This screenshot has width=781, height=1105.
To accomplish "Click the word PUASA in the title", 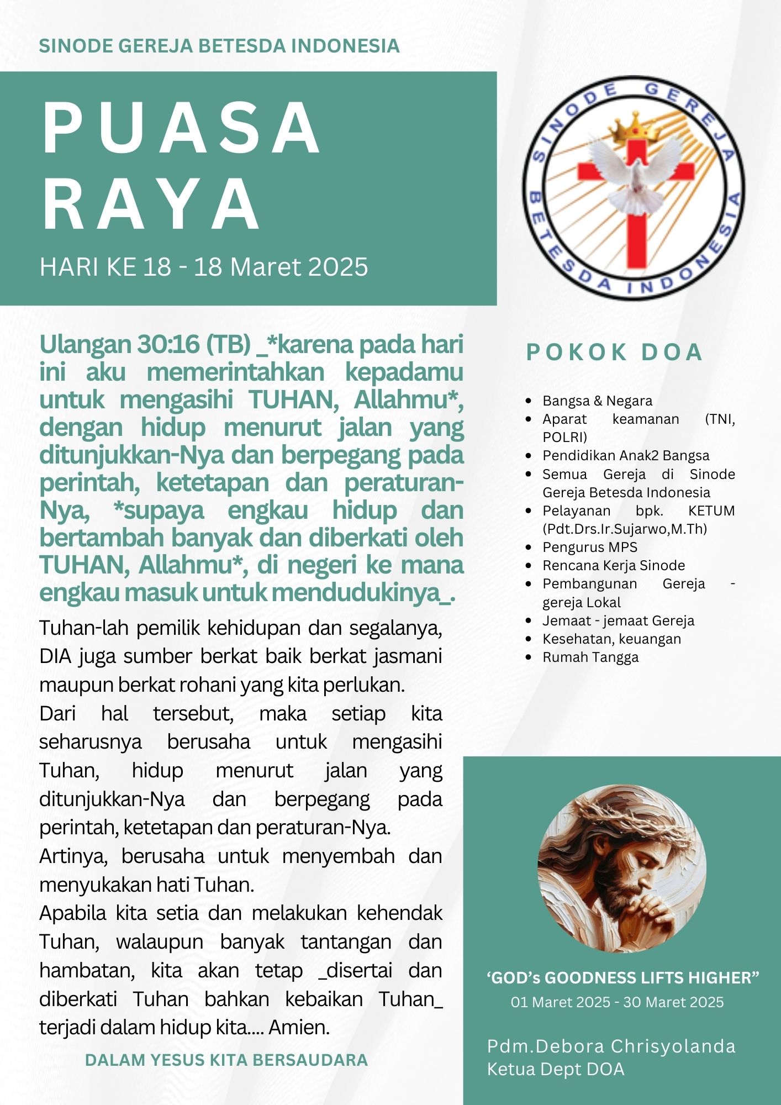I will coord(181,129).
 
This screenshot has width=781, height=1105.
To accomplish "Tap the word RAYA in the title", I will coord(151,204).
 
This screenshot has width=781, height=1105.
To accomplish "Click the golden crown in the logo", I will coord(636,127).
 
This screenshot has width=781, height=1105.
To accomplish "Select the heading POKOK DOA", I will coord(614,352).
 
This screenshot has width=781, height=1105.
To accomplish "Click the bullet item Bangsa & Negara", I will coord(597,401).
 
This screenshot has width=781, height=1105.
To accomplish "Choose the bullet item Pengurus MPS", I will coord(589,547).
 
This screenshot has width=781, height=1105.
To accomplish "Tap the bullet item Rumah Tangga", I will coord(590,657).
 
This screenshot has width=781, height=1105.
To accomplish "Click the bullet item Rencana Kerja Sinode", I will coord(613,565).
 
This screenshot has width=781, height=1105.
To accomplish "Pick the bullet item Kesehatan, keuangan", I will coord(611,639).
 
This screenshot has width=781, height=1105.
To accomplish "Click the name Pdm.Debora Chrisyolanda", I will coord(611,1046).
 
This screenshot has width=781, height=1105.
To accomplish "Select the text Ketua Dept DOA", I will coord(555,1069).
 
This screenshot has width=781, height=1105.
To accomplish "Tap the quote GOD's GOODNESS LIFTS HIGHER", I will coord(622,978).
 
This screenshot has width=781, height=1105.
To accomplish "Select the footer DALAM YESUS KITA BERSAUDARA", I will coord(226,1060).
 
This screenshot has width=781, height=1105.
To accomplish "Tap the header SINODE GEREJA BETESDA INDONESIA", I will coord(219,46).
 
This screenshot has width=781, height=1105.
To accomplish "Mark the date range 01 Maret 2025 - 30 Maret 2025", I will coord(617,1002).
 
